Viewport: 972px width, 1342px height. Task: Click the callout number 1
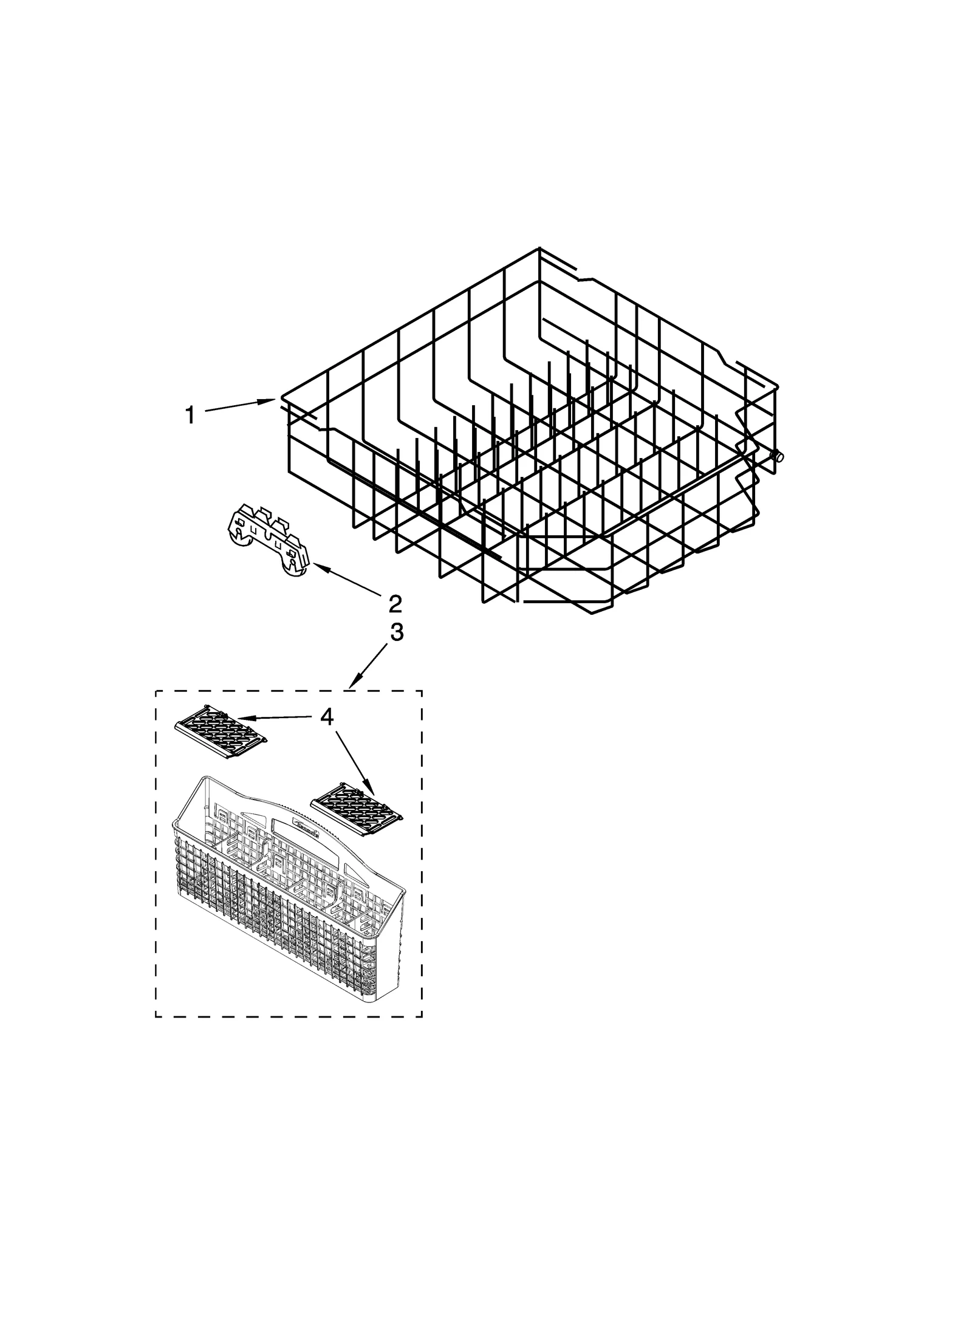point(190,416)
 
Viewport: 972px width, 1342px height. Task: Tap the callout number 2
point(395,603)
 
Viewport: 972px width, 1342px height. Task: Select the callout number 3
point(396,632)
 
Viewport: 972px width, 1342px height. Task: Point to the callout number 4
point(327,717)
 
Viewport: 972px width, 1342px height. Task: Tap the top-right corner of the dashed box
point(422,691)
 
